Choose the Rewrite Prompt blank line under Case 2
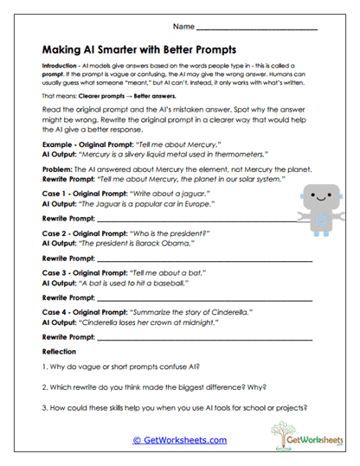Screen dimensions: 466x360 pos(216,259)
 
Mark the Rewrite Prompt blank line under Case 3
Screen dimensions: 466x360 pos(216,297)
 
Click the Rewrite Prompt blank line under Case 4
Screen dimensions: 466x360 pos(216,337)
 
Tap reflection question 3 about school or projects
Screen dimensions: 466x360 pos(174,409)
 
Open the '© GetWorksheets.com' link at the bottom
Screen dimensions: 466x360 pos(179,440)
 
